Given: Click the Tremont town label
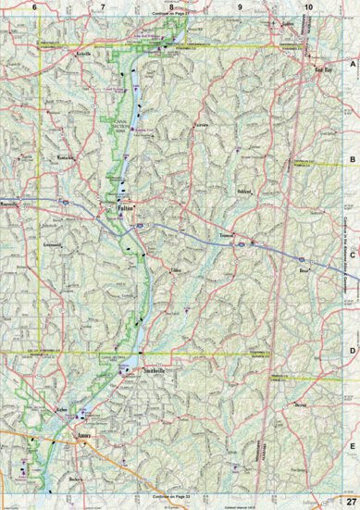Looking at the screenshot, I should pos(228,235).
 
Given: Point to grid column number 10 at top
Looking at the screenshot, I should pos(307,6).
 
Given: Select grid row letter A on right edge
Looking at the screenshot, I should pos(352,64).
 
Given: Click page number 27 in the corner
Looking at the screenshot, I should pos(351,501).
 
